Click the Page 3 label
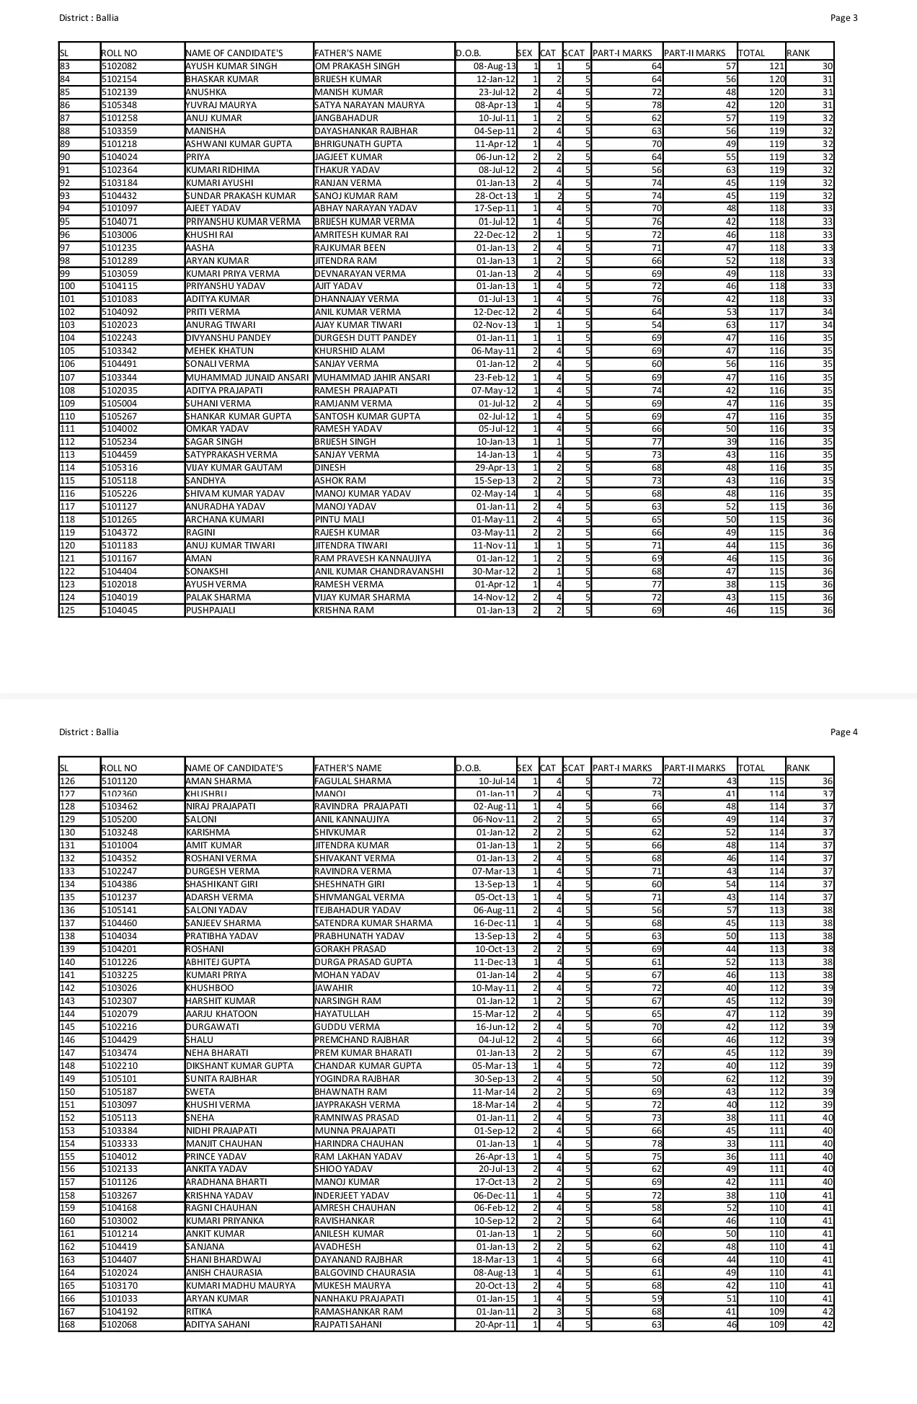click(843, 18)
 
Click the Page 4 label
click(843, 732)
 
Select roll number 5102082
click(120, 66)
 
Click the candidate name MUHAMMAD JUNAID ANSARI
click(247, 378)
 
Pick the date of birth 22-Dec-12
click(495, 235)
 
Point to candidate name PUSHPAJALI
click(211, 610)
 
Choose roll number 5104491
click(120, 364)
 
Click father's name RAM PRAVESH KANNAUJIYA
click(373, 559)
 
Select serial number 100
click(67, 286)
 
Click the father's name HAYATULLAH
click(342, 1014)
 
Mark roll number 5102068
click(120, 1325)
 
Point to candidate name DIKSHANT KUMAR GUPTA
click(240, 1066)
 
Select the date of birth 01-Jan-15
click(496, 1299)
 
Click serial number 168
click(67, 1325)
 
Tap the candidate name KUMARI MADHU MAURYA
click(241, 1286)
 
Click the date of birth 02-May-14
click(494, 494)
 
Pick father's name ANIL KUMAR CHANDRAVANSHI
click(379, 572)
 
